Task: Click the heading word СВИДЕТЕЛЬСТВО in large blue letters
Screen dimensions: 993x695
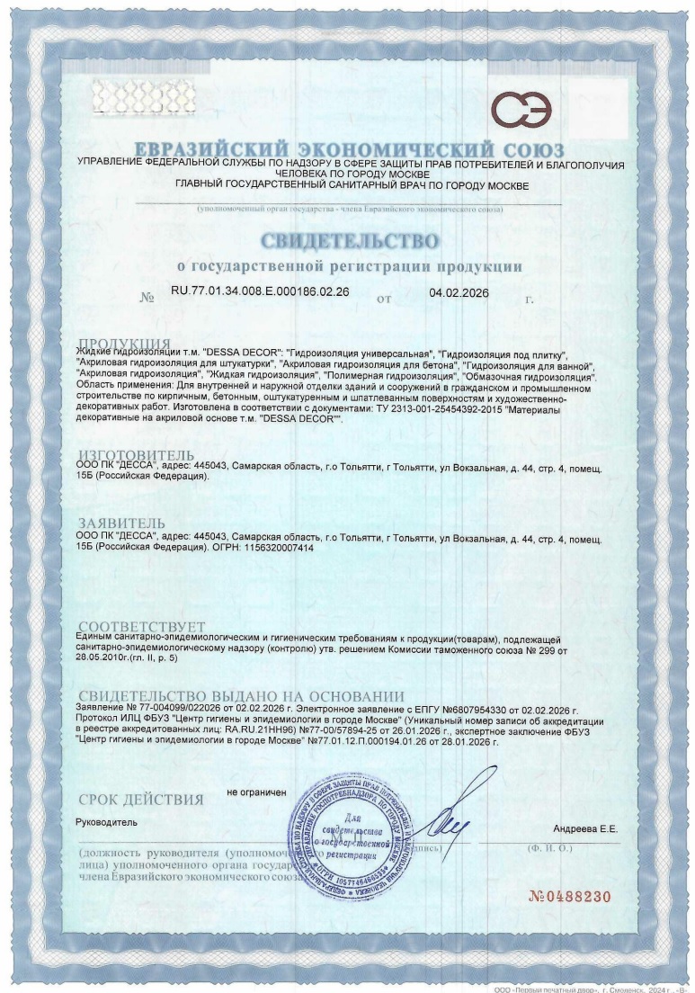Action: click(x=351, y=241)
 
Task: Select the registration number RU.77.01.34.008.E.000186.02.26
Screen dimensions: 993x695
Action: click(x=260, y=292)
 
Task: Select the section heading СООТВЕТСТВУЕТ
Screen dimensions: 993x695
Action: click(x=141, y=626)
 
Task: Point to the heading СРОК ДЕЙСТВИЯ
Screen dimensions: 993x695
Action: click(x=140, y=799)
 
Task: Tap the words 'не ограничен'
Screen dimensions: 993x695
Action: click(x=256, y=792)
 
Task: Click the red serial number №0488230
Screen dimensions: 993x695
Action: click(x=568, y=897)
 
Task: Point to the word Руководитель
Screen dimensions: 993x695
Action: click(x=105, y=822)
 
